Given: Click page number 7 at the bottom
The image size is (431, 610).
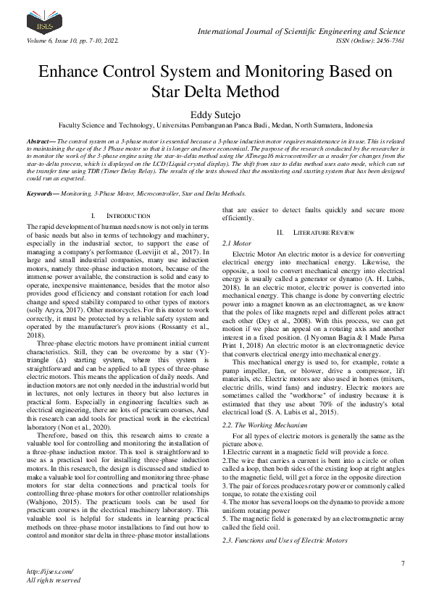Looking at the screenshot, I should (x=402, y=564).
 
